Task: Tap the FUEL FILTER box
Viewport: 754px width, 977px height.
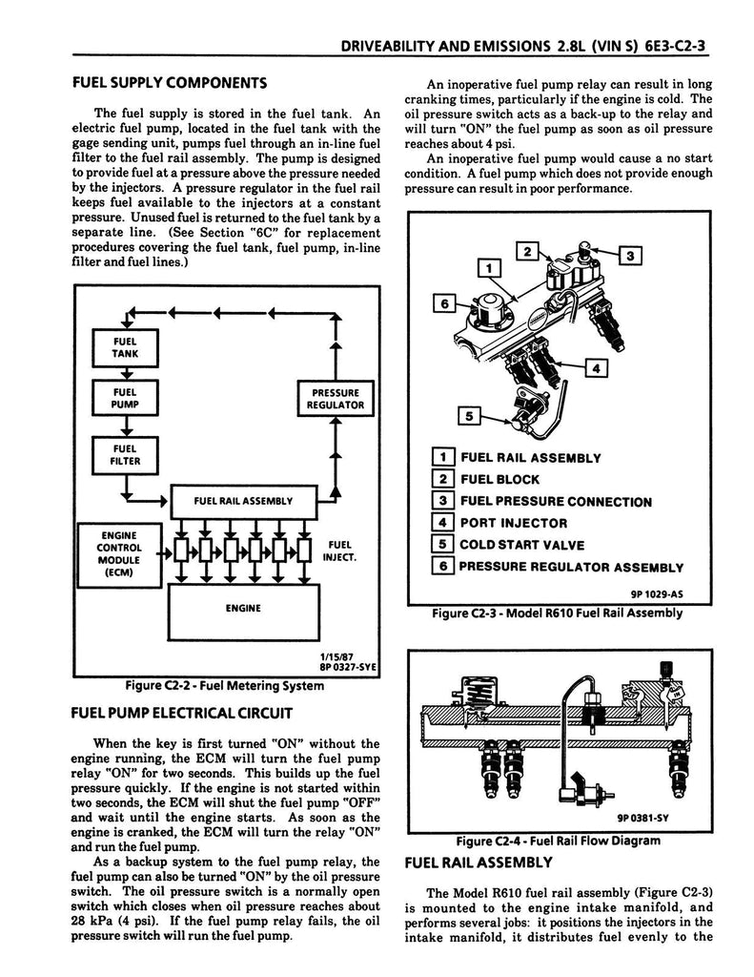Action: pyautogui.click(x=125, y=454)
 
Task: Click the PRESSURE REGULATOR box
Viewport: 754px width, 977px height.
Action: pyautogui.click(x=335, y=398)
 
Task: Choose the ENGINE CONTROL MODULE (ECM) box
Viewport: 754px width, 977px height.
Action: pyautogui.click(x=119, y=554)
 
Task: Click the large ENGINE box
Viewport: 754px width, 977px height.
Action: pyautogui.click(x=243, y=608)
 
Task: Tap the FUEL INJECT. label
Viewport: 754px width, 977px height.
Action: pyautogui.click(x=340, y=551)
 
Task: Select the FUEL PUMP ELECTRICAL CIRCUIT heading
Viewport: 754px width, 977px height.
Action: pyautogui.click(x=181, y=713)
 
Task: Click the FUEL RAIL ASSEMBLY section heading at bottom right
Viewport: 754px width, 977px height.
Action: pyautogui.click(x=479, y=863)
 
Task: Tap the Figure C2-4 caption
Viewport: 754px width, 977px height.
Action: pyautogui.click(x=558, y=841)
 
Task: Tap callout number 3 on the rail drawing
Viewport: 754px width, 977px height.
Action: pyautogui.click(x=631, y=255)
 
